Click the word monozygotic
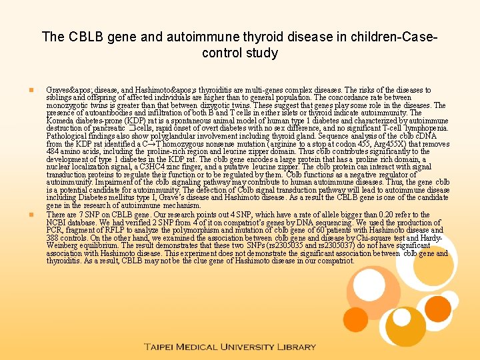coord(67,105)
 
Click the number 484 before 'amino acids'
coord(53,152)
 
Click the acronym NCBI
coord(57,222)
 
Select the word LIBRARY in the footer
coord(297,347)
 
